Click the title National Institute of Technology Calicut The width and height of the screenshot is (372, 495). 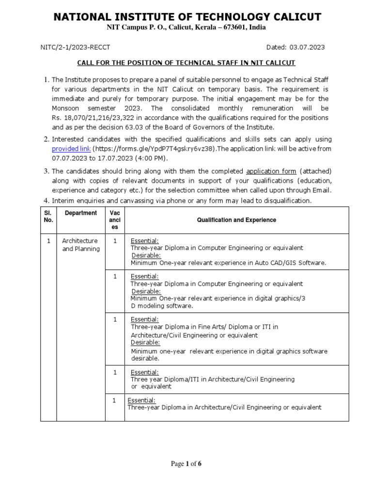pyautogui.click(x=187, y=17)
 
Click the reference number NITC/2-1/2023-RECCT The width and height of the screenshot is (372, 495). pyautogui.click(x=76, y=47)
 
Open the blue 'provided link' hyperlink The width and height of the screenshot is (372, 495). pyautogui.click(x=71, y=149)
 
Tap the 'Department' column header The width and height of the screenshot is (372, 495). pyautogui.click(x=81, y=213)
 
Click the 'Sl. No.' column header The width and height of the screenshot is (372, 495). pyautogui.click(x=48, y=217)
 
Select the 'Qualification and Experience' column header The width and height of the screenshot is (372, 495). pyautogui.click(x=236, y=220)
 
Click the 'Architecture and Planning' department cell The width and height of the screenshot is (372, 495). pyautogui.click(x=80, y=245)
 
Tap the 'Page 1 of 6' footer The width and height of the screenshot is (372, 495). pyautogui.click(x=186, y=464)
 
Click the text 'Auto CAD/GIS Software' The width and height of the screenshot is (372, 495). pyautogui.click(x=295, y=263)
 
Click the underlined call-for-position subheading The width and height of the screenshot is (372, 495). pyautogui.click(x=186, y=63)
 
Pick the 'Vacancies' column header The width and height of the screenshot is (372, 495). pyautogui.click(x=115, y=220)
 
